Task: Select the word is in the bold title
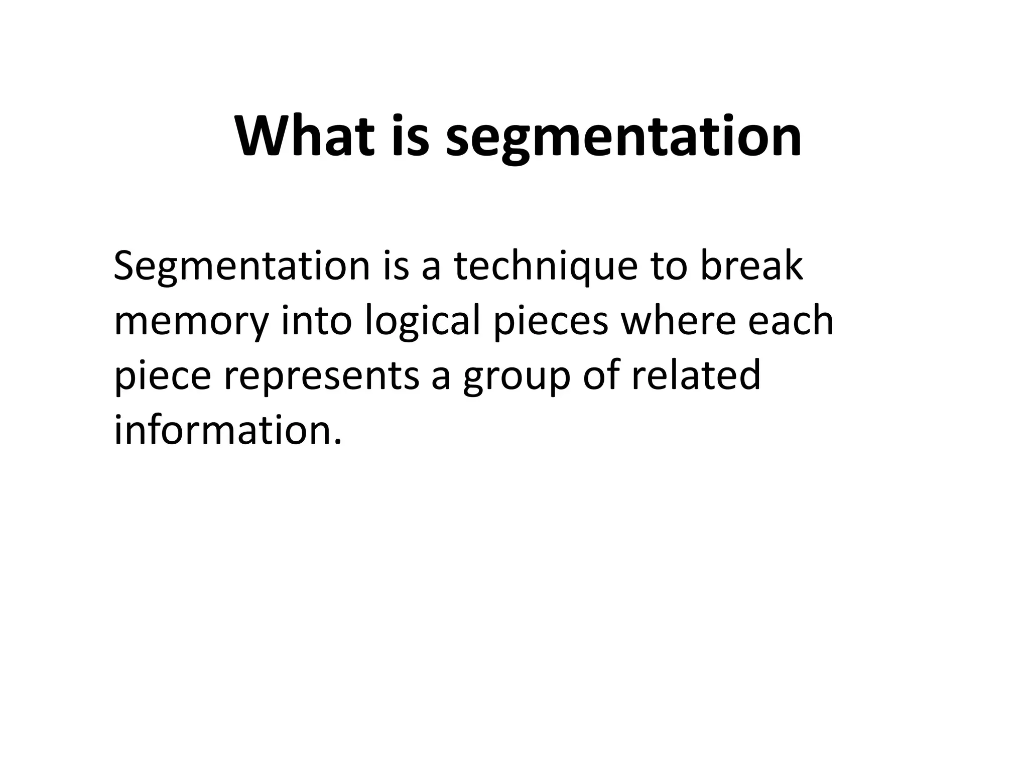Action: point(410,137)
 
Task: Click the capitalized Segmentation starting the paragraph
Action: point(241,267)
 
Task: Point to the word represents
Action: point(321,377)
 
